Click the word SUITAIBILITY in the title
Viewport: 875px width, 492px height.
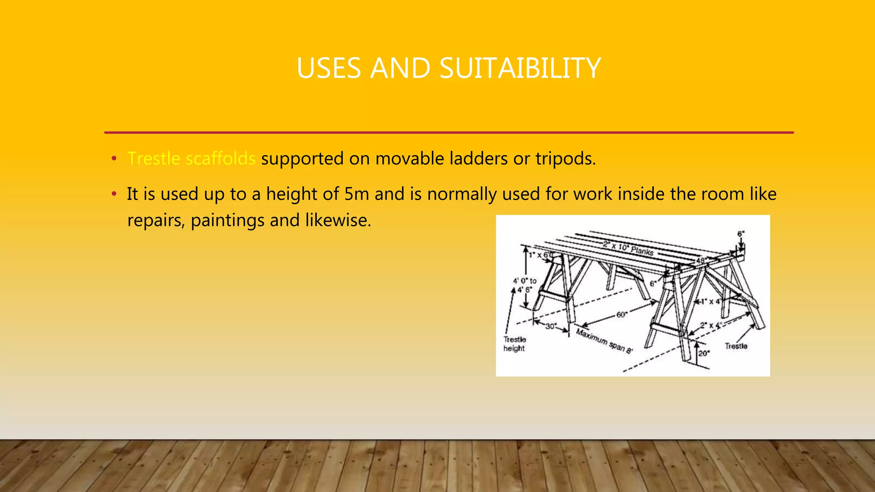point(520,68)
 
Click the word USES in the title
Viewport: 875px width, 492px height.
point(328,68)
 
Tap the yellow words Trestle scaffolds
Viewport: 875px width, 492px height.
point(191,159)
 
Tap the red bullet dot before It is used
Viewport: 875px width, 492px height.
point(114,194)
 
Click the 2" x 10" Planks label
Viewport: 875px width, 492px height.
point(628,248)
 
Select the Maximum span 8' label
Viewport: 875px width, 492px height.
point(604,341)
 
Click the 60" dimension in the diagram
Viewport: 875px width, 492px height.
point(621,315)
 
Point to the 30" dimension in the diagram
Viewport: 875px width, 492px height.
point(551,326)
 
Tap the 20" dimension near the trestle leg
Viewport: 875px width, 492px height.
point(704,353)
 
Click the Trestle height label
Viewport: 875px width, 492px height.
point(514,344)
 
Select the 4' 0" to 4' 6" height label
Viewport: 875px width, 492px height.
point(525,285)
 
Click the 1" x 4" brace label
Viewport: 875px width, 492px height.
point(711,302)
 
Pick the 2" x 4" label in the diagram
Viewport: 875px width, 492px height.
point(711,325)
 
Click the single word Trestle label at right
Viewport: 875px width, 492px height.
point(736,346)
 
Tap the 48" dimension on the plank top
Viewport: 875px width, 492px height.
point(701,260)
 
